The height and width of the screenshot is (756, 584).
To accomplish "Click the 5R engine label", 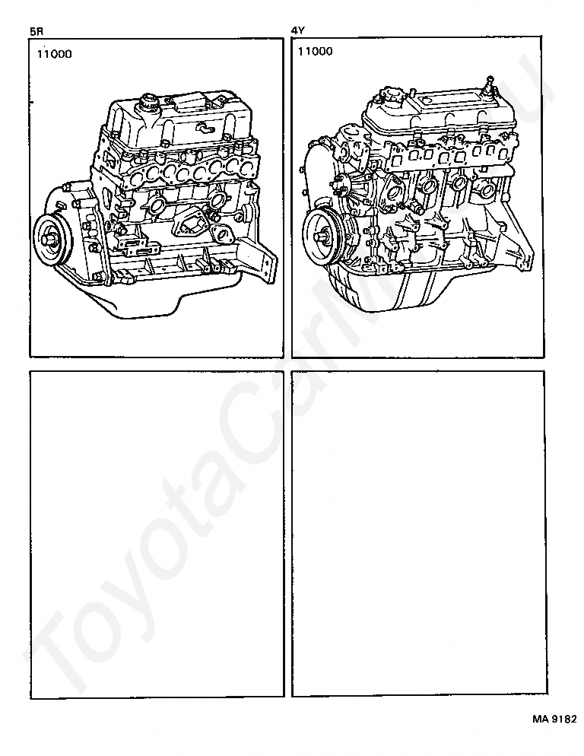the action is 36,32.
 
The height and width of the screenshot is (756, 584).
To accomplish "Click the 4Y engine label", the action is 298,31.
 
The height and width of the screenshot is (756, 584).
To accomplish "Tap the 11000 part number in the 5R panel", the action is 55,54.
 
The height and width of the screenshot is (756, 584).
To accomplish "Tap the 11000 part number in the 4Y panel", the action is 316,51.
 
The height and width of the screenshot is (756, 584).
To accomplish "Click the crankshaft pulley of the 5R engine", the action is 52,238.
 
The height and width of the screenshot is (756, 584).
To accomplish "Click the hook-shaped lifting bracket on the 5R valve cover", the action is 205,128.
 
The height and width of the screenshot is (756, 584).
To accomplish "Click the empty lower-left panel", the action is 157,533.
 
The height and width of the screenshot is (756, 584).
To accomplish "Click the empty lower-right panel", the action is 418,533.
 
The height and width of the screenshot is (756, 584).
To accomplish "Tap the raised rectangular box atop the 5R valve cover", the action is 188,102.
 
